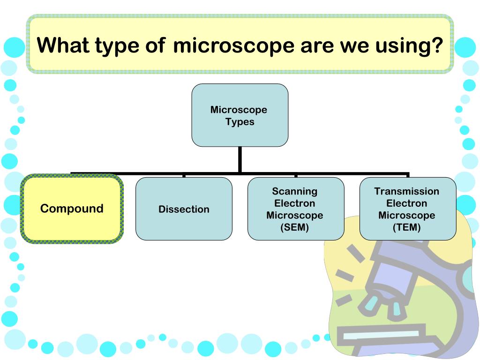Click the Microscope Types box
pyautogui.click(x=240, y=115)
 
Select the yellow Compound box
pyautogui.click(x=72, y=209)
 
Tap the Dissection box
pyautogui.click(x=184, y=209)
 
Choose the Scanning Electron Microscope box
pyautogui.click(x=295, y=209)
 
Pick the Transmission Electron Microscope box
pyautogui.click(x=407, y=209)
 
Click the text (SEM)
pyautogui.click(x=295, y=228)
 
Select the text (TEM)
pyautogui.click(x=407, y=228)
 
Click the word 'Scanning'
pyautogui.click(x=295, y=191)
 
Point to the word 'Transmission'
pyautogui.click(x=407, y=191)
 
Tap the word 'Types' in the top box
pyautogui.click(x=240, y=122)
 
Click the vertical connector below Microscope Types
pyautogui.click(x=240, y=159)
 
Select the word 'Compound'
pyautogui.click(x=72, y=209)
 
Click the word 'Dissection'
pyautogui.click(x=184, y=210)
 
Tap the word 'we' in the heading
pyautogui.click(x=354, y=46)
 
